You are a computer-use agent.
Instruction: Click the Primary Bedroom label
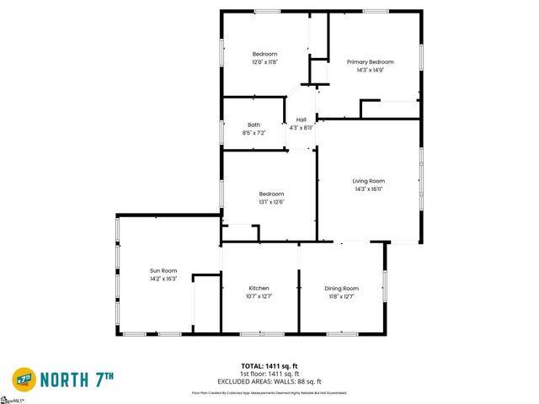click(x=371, y=61)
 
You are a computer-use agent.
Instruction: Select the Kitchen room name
click(x=259, y=288)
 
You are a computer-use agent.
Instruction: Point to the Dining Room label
click(x=341, y=288)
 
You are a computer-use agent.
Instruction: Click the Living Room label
click(x=368, y=181)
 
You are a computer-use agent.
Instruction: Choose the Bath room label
click(x=253, y=125)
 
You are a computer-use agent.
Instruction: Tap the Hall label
click(x=301, y=120)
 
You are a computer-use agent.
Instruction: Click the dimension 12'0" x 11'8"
click(x=264, y=61)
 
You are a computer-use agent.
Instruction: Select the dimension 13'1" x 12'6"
click(x=271, y=201)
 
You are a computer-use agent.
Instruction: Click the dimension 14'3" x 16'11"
click(x=368, y=189)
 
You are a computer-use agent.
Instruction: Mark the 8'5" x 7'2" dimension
click(x=253, y=132)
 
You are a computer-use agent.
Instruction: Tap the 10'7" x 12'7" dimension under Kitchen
click(x=259, y=295)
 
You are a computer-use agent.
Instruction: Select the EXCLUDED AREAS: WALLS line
click(x=269, y=380)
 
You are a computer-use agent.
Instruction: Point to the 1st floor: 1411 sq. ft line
click(x=269, y=373)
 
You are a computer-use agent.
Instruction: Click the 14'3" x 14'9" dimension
click(x=371, y=70)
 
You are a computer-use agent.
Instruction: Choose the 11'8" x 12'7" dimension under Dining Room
click(x=341, y=295)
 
